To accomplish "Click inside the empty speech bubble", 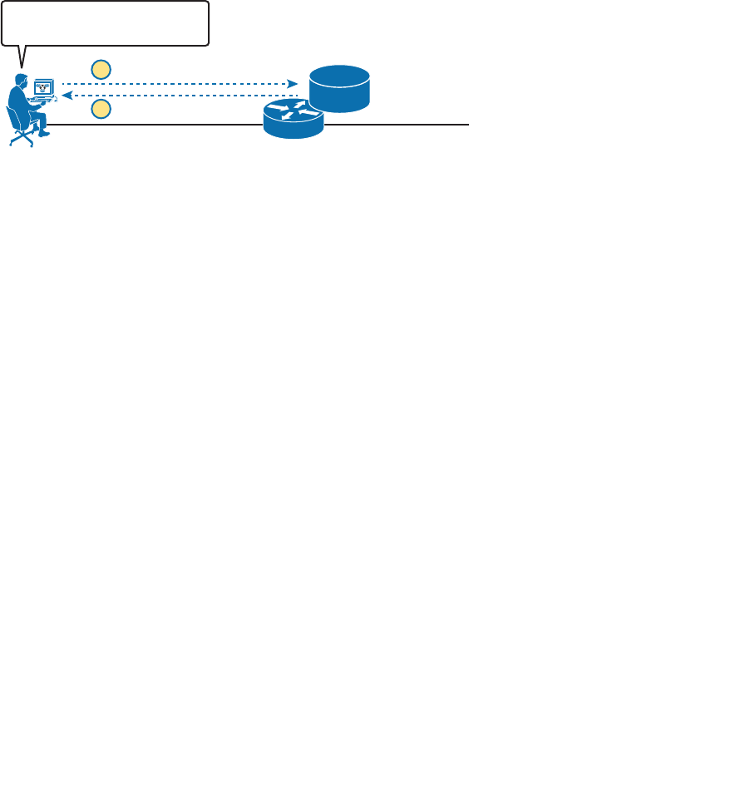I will click(x=105, y=22).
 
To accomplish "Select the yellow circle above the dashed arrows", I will click(x=101, y=69).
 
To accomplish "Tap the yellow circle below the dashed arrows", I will click(x=101, y=109).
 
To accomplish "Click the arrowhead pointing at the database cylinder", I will click(x=293, y=84).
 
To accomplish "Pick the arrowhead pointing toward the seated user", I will click(x=67, y=96).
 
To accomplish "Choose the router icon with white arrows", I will click(x=294, y=119).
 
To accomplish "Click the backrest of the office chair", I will click(x=12, y=119).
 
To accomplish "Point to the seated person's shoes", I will click(x=45, y=131).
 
